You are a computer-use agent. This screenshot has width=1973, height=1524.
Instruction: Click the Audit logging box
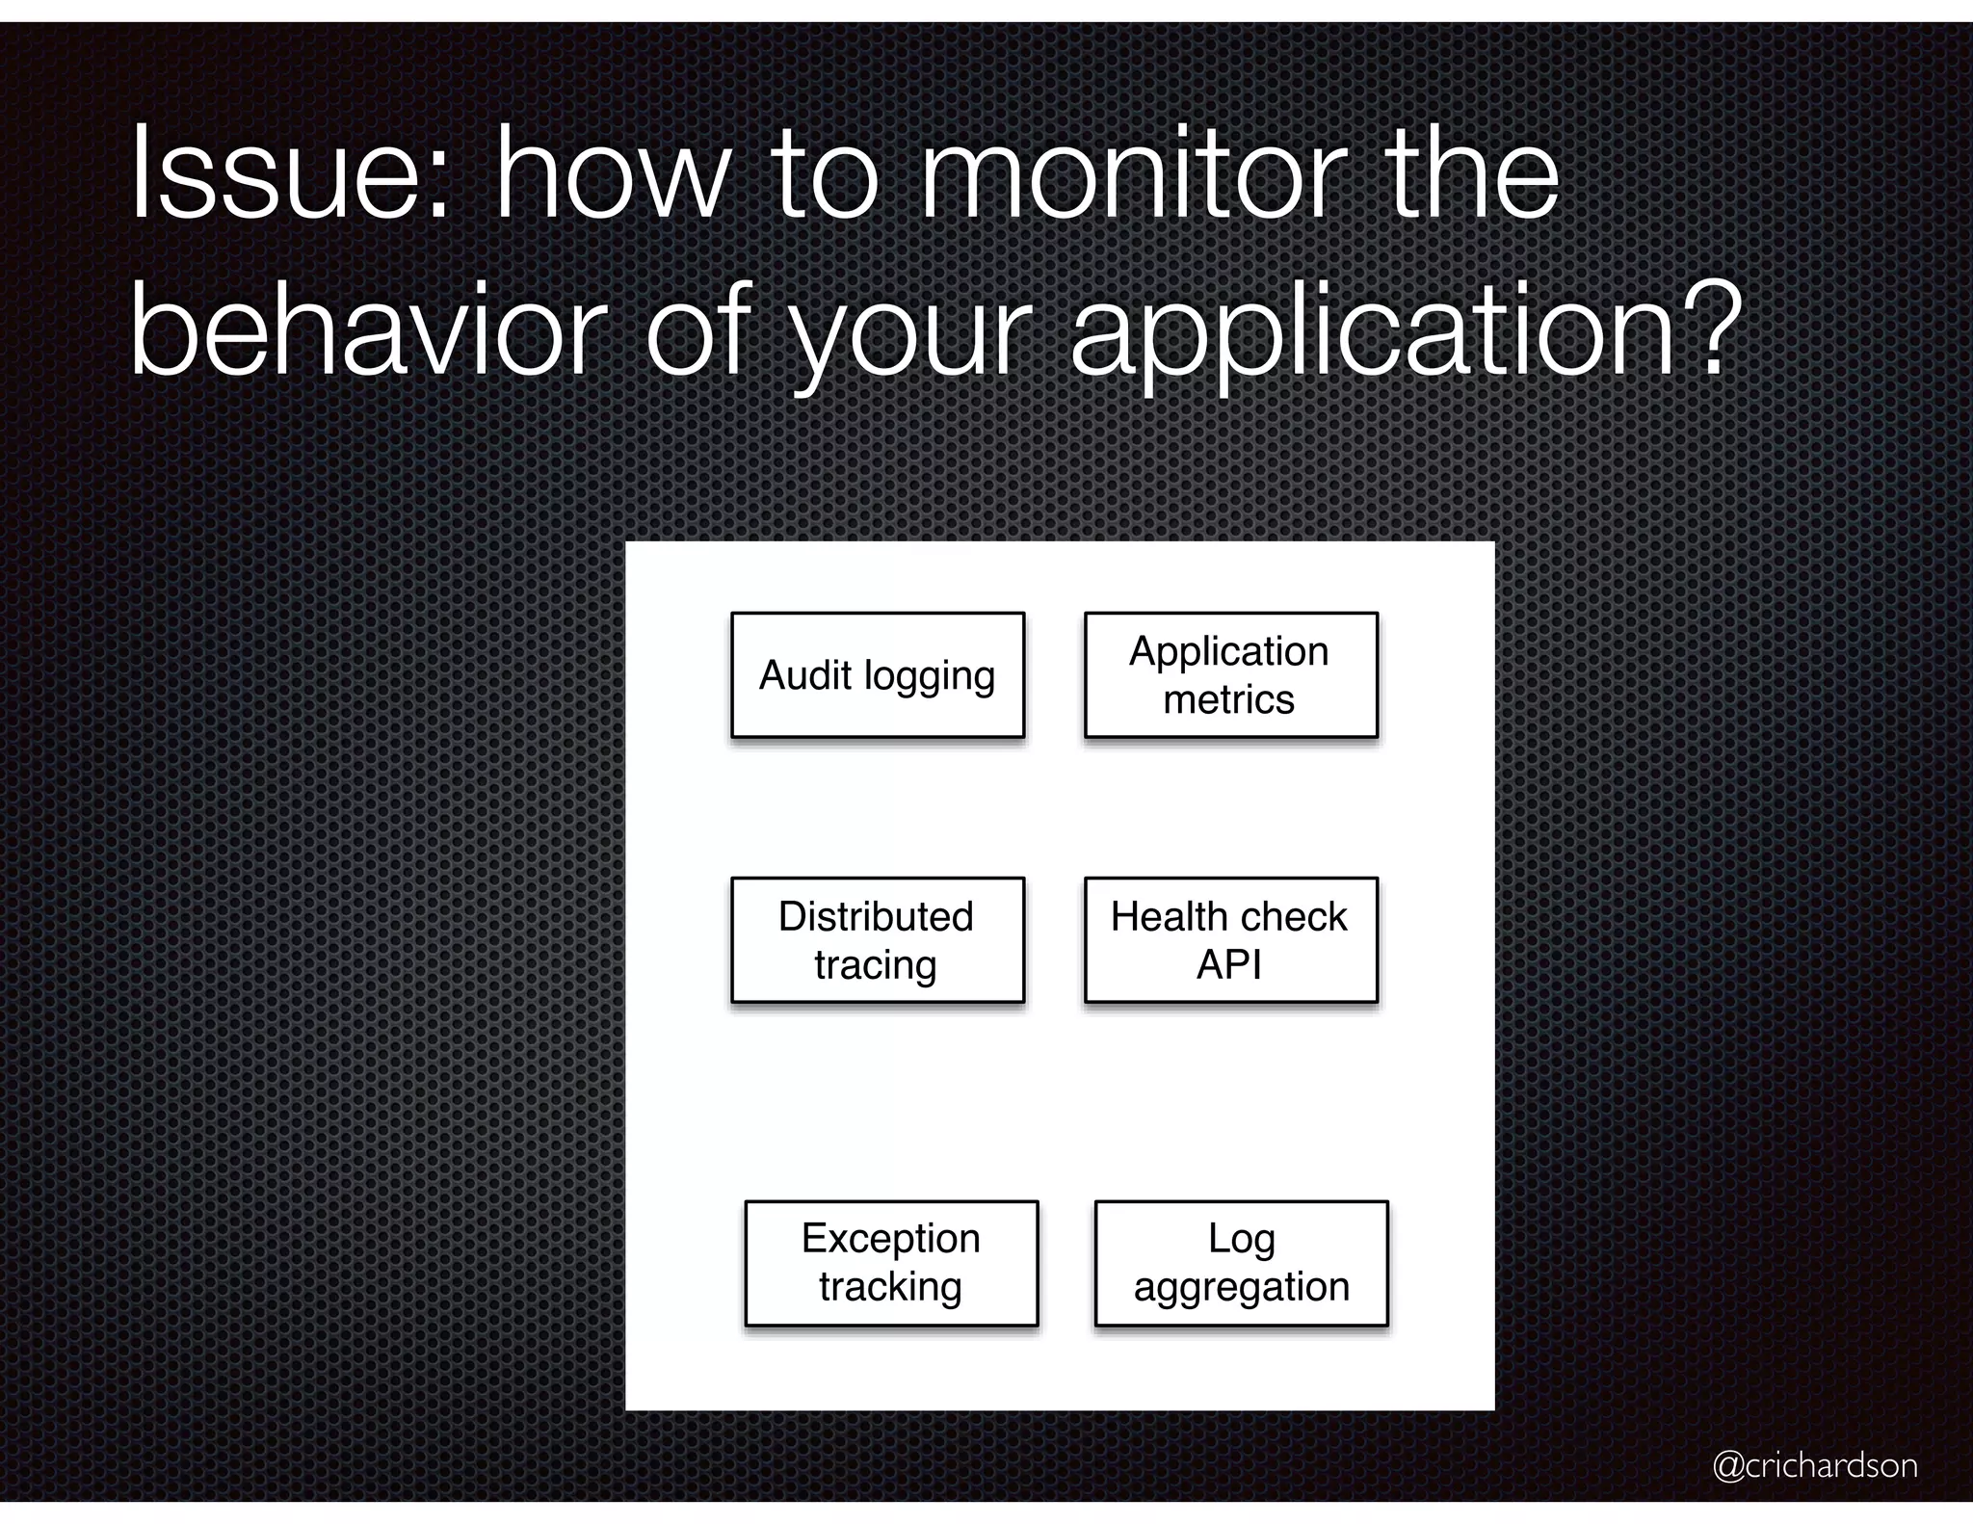(877, 675)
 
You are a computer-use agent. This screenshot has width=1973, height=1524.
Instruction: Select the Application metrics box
(1230, 675)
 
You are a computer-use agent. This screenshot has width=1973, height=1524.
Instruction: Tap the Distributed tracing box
(877, 940)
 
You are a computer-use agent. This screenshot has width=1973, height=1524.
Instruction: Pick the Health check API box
(1230, 940)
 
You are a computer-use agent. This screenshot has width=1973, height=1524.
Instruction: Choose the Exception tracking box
(891, 1263)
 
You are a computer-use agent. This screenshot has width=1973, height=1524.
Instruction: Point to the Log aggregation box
(1241, 1263)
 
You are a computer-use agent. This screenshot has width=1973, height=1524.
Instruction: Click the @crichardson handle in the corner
(1814, 1465)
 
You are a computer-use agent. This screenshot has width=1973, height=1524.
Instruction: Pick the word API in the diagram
(1228, 964)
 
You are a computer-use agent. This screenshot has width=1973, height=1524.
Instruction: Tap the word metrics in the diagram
(1228, 699)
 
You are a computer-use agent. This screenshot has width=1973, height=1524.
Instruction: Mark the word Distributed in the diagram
(876, 916)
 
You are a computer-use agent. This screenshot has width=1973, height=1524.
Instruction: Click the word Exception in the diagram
(891, 1239)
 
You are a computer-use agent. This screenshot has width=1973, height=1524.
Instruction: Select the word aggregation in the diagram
(1241, 1288)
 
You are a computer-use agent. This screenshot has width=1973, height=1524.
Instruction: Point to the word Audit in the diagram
(804, 675)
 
